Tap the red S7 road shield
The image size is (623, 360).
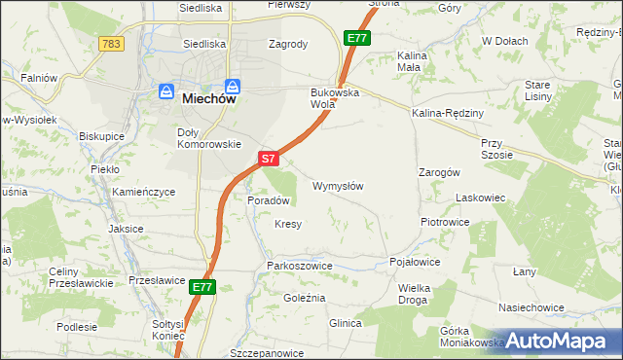tap(270, 158)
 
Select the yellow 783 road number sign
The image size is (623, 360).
tap(111, 44)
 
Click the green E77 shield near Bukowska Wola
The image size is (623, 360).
tap(356, 38)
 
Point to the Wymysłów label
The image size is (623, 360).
tap(338, 186)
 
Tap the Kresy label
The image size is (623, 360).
tap(287, 224)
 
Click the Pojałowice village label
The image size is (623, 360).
tap(415, 263)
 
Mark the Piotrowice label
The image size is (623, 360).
tap(445, 222)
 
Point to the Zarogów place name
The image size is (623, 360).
tap(438, 171)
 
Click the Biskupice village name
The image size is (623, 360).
tap(102, 136)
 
